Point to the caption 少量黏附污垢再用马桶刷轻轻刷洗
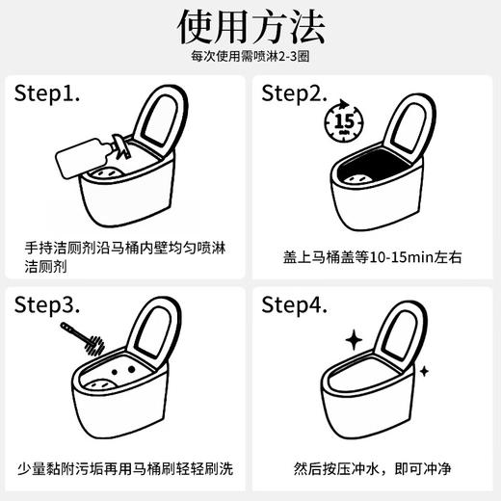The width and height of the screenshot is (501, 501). click(125, 469)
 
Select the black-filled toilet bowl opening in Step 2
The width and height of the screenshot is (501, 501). click(371, 173)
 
